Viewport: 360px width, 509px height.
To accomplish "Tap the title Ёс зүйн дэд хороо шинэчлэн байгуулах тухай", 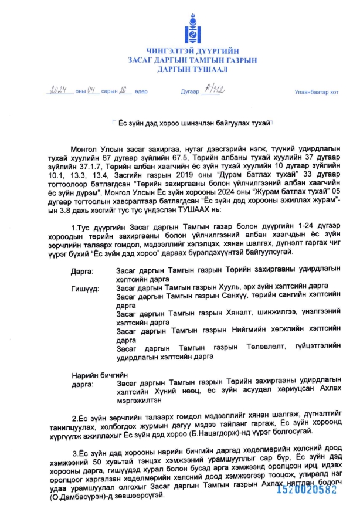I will [194, 124].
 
